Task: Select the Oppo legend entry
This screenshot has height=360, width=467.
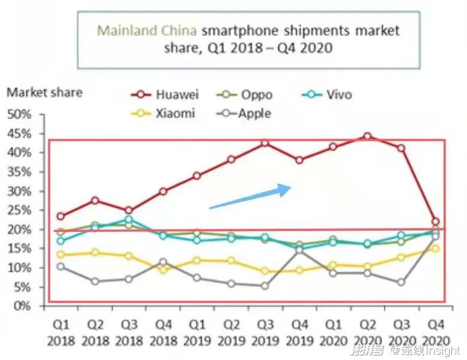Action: (x=246, y=95)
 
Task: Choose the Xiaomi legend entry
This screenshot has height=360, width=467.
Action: (x=165, y=113)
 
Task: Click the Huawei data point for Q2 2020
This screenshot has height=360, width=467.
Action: (x=367, y=137)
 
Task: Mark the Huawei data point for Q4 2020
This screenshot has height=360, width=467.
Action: (x=435, y=222)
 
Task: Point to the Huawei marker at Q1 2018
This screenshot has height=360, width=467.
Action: (x=60, y=216)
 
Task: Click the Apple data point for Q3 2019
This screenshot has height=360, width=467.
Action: (x=265, y=286)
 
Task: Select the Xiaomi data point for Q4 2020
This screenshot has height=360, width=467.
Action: (x=435, y=248)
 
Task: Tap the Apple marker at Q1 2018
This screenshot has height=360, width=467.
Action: (x=60, y=266)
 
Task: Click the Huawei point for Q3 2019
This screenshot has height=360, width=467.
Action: (x=265, y=143)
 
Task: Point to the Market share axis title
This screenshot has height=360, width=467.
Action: (x=44, y=93)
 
